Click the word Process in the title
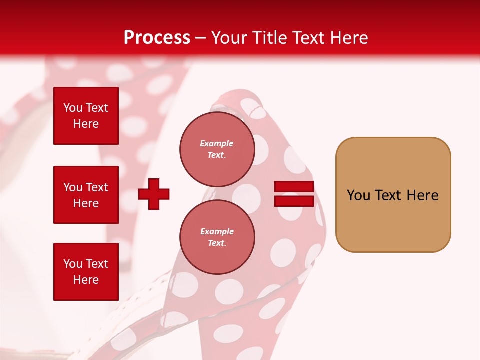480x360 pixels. click(157, 38)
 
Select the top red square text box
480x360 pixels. click(86, 116)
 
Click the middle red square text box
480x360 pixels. click(86, 195)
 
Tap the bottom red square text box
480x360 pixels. click(86, 271)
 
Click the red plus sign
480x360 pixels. click(154, 194)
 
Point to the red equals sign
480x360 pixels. click(294, 194)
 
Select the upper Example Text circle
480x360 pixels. click(217, 149)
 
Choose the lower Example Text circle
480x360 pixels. click(217, 237)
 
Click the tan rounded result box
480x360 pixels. click(393, 195)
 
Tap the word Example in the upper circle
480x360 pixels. click(217, 143)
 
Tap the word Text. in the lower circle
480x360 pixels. click(217, 243)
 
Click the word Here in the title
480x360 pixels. click(348, 38)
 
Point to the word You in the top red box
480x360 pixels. click(73, 108)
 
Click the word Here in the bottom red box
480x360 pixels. click(86, 280)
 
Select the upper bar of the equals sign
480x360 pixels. click(294, 187)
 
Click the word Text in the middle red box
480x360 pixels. click(97, 187)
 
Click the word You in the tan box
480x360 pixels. click(358, 195)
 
